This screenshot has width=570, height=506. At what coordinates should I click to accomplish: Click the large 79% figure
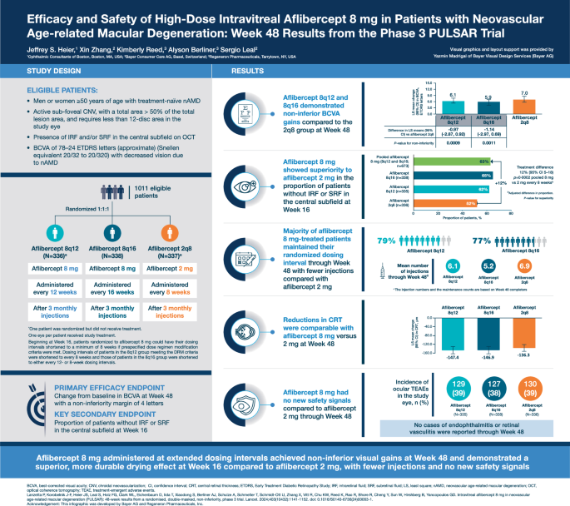386,241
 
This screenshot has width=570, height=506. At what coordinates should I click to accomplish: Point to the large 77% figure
482,241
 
